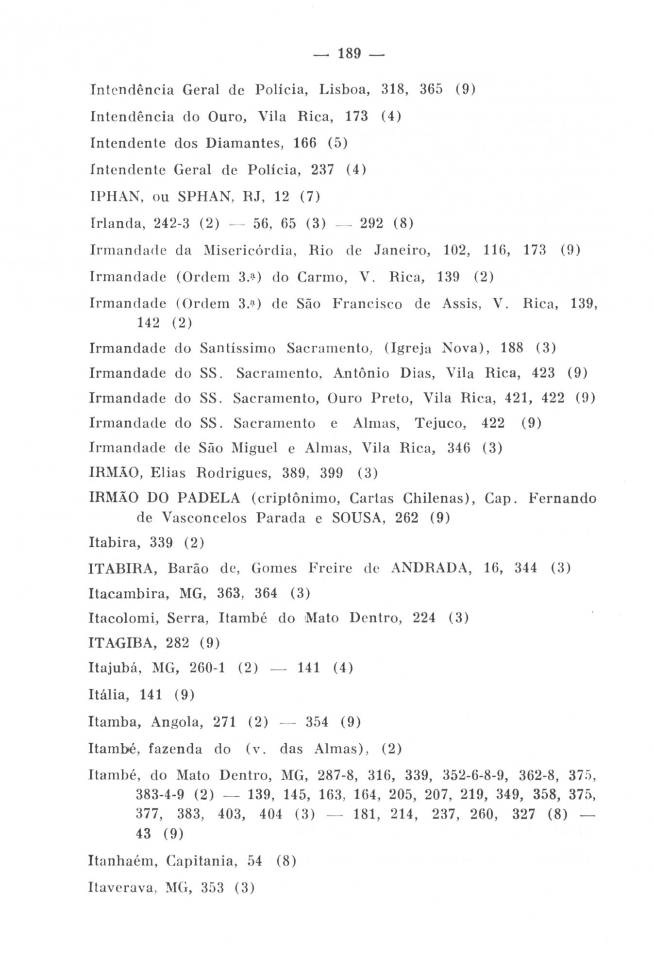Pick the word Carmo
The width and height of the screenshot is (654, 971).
(x=319, y=277)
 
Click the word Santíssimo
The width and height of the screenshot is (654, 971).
(x=237, y=348)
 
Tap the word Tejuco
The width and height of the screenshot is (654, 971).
(x=440, y=423)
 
